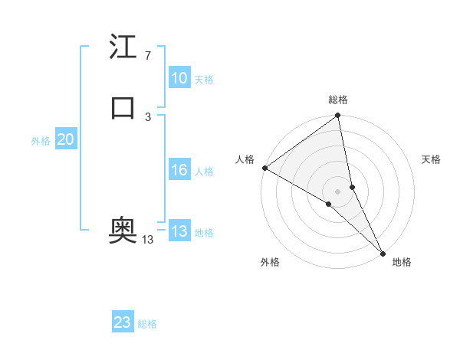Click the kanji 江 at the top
click(123, 47)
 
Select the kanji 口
click(123, 108)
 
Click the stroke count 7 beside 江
click(147, 55)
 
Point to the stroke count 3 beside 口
click(147, 116)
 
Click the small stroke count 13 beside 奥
click(147, 240)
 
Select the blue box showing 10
click(179, 78)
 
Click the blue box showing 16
click(179, 170)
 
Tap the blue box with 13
click(179, 231)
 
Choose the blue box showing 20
click(65, 139)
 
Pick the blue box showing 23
click(123, 322)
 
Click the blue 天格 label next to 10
click(204, 80)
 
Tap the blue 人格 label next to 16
click(204, 172)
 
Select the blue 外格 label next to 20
click(41, 141)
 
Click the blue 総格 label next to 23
click(147, 324)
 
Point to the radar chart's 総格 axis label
click(338, 100)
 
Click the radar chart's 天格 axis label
click(431, 159)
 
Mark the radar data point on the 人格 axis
click(264, 168)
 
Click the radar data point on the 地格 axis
click(383, 252)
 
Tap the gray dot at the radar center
click(338, 191)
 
